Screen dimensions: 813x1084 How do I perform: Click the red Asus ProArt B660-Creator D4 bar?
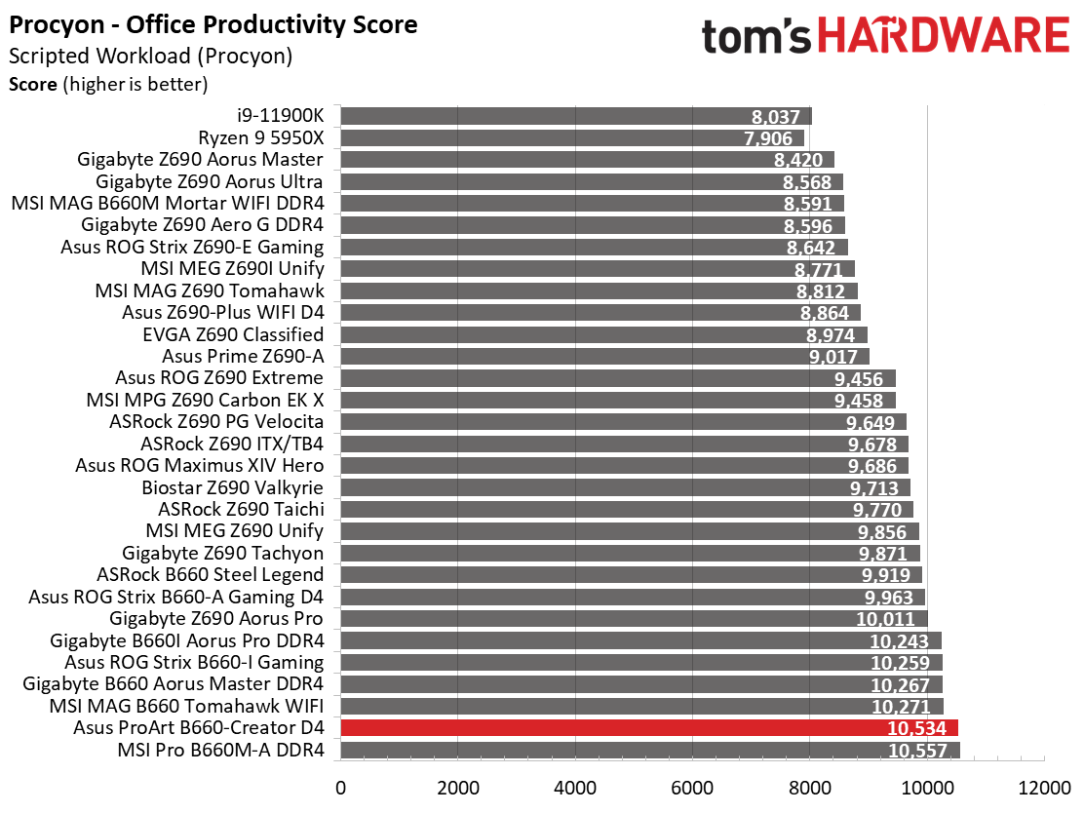tap(648, 728)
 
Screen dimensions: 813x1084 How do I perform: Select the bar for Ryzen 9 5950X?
tap(571, 137)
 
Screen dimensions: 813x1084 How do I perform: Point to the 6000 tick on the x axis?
tap(692, 786)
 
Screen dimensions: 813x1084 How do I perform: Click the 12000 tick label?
tap(1044, 786)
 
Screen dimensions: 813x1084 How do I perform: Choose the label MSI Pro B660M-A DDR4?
tap(220, 750)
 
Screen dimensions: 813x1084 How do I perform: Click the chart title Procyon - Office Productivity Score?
tap(213, 24)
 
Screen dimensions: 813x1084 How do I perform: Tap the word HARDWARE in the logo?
tap(942, 36)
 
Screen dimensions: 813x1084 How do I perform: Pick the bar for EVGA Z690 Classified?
tap(602, 334)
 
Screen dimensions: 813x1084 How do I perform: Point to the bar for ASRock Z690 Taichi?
tap(626, 509)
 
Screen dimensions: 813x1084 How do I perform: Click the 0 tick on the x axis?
tap(340, 786)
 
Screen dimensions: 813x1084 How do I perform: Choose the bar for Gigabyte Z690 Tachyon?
tap(630, 553)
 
